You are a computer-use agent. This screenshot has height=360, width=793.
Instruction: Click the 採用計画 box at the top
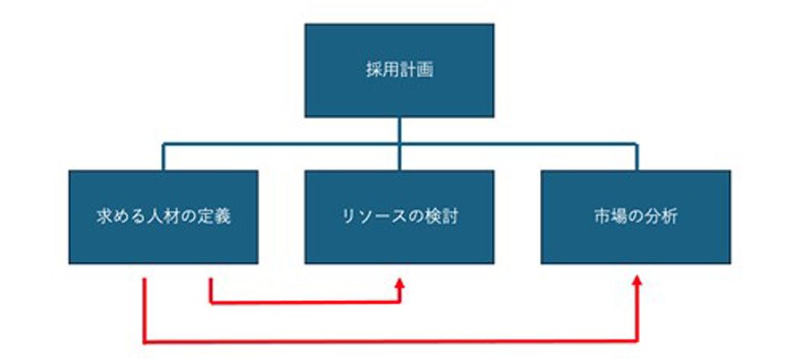coord(399,70)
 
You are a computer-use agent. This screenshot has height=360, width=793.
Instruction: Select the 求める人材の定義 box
coord(163,217)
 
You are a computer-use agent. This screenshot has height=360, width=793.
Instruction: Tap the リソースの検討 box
coord(399,217)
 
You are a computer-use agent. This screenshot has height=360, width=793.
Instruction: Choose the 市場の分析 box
coord(635,217)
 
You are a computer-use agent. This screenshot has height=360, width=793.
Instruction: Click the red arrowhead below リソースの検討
coord(400,282)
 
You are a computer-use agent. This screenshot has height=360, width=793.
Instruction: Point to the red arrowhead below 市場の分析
coord(637,281)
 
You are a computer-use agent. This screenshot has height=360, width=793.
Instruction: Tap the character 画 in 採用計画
coord(425,70)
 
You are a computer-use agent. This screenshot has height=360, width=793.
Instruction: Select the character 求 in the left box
coord(104,217)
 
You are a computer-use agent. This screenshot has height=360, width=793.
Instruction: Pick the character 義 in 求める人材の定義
coord(223,217)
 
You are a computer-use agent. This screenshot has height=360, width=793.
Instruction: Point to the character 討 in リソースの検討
coord(450,217)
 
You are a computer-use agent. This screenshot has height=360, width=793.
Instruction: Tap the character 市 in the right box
coord(602,217)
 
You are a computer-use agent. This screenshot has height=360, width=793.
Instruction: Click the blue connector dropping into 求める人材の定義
coord(163,157)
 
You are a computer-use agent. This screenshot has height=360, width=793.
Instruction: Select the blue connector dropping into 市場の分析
coord(636,157)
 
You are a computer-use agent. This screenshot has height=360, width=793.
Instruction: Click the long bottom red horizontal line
coord(390,342)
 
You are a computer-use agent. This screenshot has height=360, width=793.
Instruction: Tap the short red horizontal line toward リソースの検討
coord(305,302)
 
